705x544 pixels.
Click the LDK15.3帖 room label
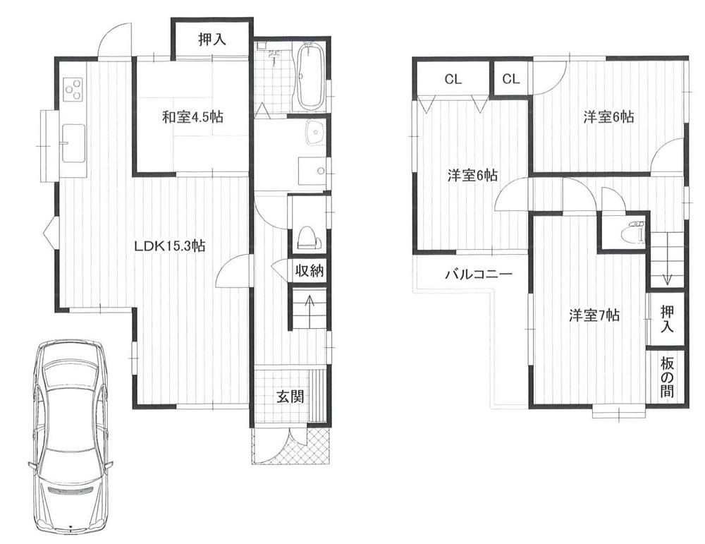click(x=169, y=246)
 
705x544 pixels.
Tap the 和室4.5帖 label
click(x=192, y=117)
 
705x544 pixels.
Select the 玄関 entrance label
click(x=290, y=397)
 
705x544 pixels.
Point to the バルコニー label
click(x=479, y=274)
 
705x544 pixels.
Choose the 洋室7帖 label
click(x=594, y=315)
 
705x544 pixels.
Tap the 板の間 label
click(x=667, y=377)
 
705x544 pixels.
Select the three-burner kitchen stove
click(x=73, y=89)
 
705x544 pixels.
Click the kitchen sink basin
click(x=73, y=143)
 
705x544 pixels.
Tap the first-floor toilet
click(x=309, y=238)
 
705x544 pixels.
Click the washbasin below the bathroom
click(x=315, y=133)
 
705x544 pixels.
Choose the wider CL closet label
click(x=453, y=80)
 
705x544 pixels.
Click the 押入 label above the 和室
click(x=212, y=40)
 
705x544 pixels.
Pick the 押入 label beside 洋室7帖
click(x=668, y=319)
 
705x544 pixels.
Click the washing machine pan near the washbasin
click(x=314, y=171)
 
